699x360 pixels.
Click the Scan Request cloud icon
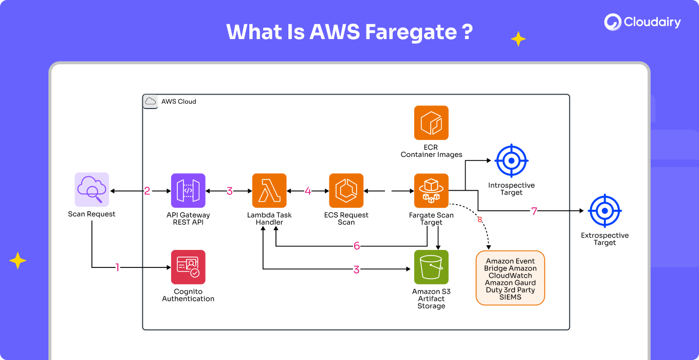point(92,190)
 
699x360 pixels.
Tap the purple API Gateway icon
point(188,190)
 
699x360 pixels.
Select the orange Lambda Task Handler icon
point(269,190)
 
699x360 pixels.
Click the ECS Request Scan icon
point(346,190)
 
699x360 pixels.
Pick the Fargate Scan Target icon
point(431,190)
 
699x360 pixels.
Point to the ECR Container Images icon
point(431,123)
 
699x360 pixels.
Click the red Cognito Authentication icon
point(188,267)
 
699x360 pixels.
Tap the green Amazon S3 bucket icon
point(431,267)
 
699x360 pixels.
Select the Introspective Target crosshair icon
point(511,161)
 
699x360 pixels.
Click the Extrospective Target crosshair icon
point(605,211)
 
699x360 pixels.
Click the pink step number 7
point(534,211)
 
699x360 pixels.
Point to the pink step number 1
point(117,267)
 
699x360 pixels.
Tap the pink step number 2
point(147,191)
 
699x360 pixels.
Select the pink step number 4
point(308,191)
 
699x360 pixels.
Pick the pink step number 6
point(357,246)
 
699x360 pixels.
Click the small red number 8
point(480,220)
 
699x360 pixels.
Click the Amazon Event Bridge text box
point(510,279)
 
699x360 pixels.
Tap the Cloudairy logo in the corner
point(642,22)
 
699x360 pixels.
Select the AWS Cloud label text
point(179,101)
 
